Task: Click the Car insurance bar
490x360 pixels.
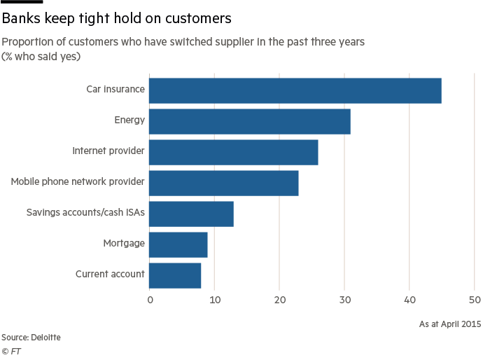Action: pyautogui.click(x=295, y=90)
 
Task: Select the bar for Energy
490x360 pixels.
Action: pyautogui.click(x=249, y=121)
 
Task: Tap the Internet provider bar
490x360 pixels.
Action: pyautogui.click(x=233, y=152)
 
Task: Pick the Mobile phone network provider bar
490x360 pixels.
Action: pyautogui.click(x=223, y=183)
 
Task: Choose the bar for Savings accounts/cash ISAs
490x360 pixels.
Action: pyautogui.click(x=191, y=214)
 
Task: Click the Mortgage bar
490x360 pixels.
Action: pyautogui.click(x=178, y=244)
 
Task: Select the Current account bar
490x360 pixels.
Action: pyautogui.click(x=175, y=275)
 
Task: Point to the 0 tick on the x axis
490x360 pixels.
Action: pyautogui.click(x=150, y=301)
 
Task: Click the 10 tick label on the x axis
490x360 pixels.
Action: pyautogui.click(x=215, y=301)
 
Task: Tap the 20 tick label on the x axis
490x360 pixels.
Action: pyautogui.click(x=280, y=301)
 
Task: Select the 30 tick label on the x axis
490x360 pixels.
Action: pyautogui.click(x=345, y=301)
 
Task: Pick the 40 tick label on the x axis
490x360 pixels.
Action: pyautogui.click(x=410, y=301)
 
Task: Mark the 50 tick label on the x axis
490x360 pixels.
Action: pyautogui.click(x=475, y=301)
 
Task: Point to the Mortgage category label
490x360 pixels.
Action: pyautogui.click(x=125, y=244)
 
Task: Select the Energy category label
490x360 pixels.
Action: pyautogui.click(x=129, y=120)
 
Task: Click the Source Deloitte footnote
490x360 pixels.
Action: pyautogui.click(x=31, y=338)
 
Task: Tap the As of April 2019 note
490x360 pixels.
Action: pyautogui.click(x=450, y=324)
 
